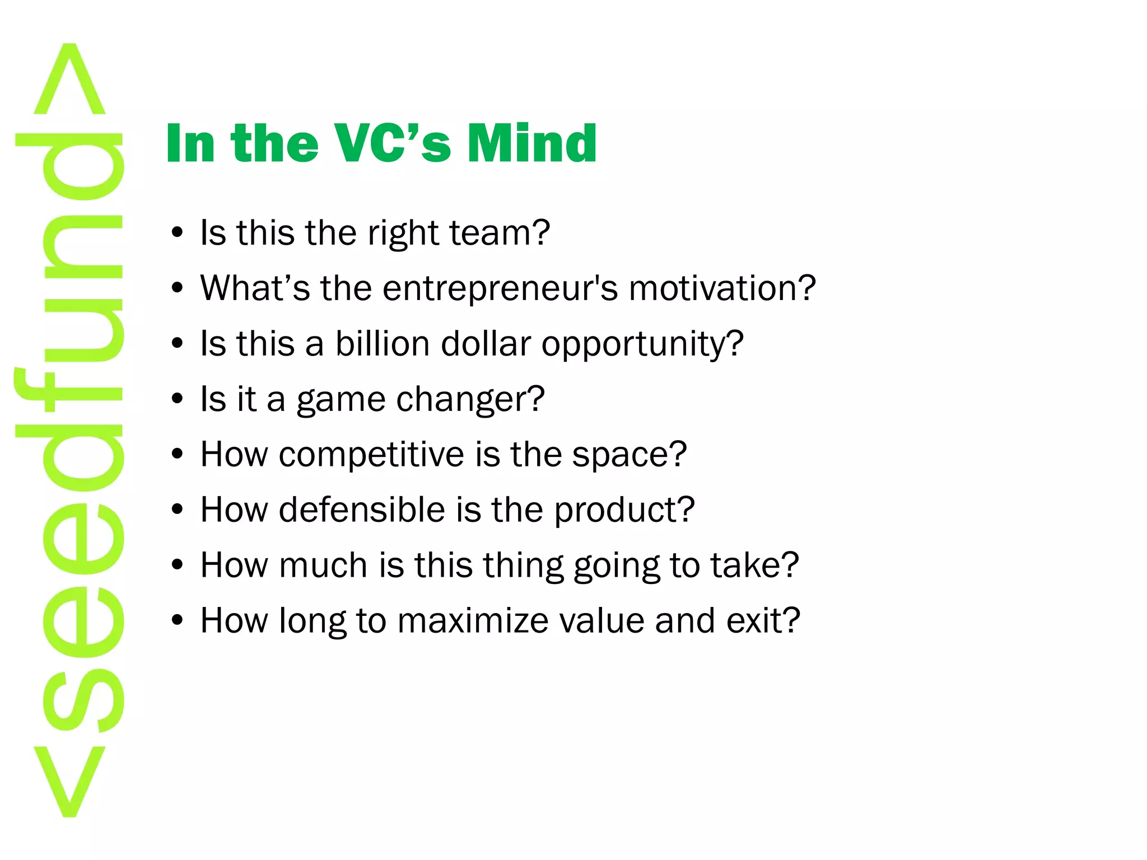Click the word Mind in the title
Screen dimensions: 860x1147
[x=532, y=143]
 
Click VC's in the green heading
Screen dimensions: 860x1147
[x=392, y=143]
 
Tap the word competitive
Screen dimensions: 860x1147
[x=371, y=455]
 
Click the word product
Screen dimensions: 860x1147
[x=616, y=510]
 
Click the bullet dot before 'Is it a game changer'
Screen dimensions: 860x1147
[x=178, y=399]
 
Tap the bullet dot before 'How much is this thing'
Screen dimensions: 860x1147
[x=178, y=565]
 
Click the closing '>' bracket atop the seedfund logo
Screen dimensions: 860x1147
[x=69, y=81]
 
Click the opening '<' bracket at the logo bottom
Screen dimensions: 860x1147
[x=69, y=781]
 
